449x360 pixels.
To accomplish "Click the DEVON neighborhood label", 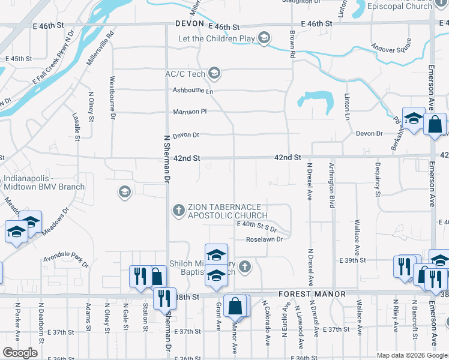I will pos(190,24).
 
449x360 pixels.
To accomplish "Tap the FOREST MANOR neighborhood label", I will pos(312,295).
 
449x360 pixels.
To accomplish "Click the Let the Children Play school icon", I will pos(264,39).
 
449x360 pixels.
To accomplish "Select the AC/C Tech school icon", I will pos(214,74).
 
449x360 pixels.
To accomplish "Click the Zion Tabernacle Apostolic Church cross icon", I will pos(178,211).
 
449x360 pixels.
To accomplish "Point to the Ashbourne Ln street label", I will pos(193,91).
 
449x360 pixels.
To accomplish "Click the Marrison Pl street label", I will pos(190,112).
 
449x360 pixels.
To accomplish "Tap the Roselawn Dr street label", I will pos(264,239).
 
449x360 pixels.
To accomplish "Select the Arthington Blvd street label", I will pos(332,184).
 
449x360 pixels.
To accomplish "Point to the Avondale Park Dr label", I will pos(65,262).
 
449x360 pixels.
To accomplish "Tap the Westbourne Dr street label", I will pos(112,97).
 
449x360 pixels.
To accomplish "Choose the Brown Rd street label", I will pos(292,44).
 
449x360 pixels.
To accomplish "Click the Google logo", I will pos(20,353).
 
